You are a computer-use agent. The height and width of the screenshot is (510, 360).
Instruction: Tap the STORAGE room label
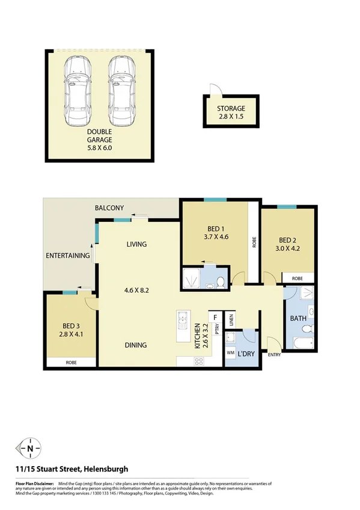(x=231, y=109)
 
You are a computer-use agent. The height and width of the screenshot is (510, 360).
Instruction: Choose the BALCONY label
(x=109, y=208)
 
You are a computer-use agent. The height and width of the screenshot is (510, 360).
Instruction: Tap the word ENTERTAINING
(x=68, y=256)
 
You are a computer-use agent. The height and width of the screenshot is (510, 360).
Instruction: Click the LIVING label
(x=136, y=244)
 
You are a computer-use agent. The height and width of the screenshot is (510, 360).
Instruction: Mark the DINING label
(x=136, y=345)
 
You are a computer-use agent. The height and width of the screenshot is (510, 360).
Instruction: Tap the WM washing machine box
(x=231, y=353)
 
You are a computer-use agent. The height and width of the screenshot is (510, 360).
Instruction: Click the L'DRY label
(x=247, y=354)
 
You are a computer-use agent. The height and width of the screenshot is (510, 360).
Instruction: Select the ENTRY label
(x=274, y=354)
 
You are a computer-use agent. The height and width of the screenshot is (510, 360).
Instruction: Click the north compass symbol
(x=29, y=448)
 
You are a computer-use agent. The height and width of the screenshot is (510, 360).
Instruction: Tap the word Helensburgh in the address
(x=106, y=469)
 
